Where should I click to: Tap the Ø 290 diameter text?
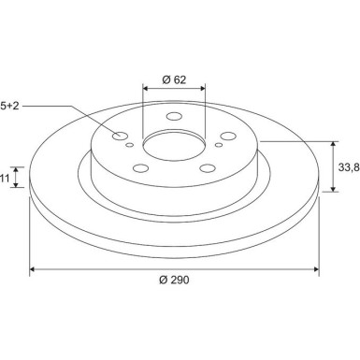coord(175,281)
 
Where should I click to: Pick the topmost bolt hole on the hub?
coord(174,118)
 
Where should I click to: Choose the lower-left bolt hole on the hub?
coord(141,168)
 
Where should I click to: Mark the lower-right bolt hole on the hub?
coord(206,168)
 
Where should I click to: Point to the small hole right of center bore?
coord(218,145)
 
